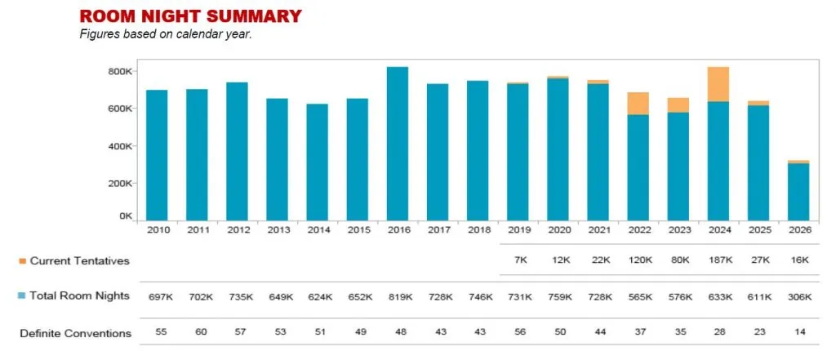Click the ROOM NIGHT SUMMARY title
pyautogui.click(x=189, y=16)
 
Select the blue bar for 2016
pyautogui.click(x=397, y=143)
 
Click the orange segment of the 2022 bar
pyautogui.click(x=638, y=104)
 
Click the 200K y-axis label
pyautogui.click(x=120, y=183)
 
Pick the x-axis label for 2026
pyautogui.click(x=798, y=231)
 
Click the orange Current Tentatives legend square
pyautogui.click(x=22, y=261)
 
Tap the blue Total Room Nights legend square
pyautogui.click(x=22, y=296)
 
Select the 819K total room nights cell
pyautogui.click(x=397, y=296)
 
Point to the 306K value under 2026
pyautogui.click(x=798, y=296)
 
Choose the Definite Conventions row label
pyautogui.click(x=75, y=333)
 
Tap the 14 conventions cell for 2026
pyautogui.click(x=798, y=333)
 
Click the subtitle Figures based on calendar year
pyautogui.click(x=165, y=34)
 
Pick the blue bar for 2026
pyautogui.click(x=798, y=192)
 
